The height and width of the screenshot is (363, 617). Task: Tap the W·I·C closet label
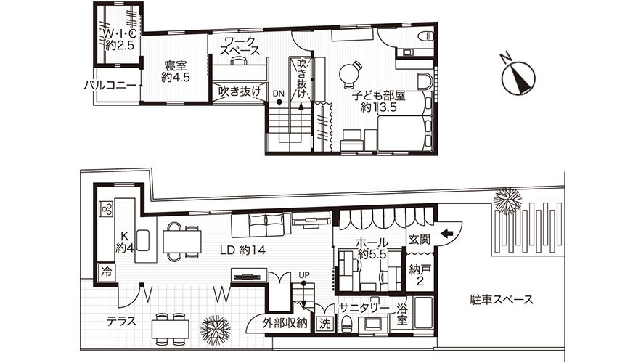tap(120, 39)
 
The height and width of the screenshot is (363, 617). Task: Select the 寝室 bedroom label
tap(175, 71)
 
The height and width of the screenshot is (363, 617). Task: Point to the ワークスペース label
tap(240, 46)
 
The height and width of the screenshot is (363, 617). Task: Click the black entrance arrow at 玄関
tap(446, 234)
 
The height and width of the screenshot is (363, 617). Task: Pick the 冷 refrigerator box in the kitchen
tap(106, 272)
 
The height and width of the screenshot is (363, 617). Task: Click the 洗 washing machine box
tap(325, 324)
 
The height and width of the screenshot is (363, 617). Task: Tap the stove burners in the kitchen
tap(107, 209)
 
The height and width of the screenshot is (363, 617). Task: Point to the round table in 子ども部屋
tap(350, 73)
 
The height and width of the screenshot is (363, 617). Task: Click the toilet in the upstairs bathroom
tap(425, 36)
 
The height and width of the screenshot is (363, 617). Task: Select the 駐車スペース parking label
tap(502, 300)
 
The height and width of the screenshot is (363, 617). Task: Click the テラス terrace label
tap(122, 322)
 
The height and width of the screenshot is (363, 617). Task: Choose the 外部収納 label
tap(285, 324)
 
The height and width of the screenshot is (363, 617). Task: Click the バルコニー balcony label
tap(110, 85)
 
